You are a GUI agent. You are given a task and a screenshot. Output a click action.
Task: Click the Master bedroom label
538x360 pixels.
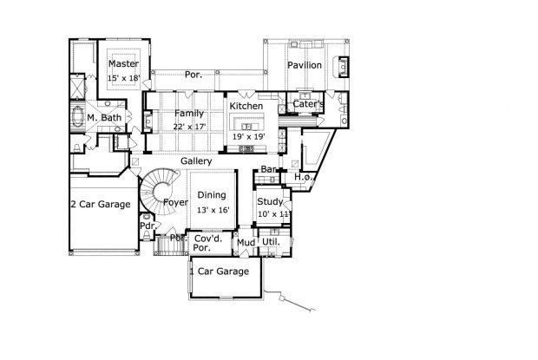coord(123,64)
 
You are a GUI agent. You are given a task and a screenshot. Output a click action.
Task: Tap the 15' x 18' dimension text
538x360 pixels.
coord(123,79)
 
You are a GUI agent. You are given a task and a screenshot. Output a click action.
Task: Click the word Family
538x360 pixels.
coord(189,114)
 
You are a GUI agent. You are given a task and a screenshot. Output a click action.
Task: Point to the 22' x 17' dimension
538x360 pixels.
coord(189,128)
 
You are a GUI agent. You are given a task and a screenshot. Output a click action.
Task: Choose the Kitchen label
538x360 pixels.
coord(246,107)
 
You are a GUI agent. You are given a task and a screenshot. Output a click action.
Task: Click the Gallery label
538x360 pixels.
coord(198,162)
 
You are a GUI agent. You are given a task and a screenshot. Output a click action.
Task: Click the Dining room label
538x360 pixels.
coord(212,195)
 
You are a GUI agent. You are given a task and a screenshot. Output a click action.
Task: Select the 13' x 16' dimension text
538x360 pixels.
coord(212,210)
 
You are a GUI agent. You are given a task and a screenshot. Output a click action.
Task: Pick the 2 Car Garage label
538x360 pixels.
coord(101,205)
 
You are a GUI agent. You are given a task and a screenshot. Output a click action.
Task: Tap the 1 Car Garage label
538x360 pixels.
coord(220,272)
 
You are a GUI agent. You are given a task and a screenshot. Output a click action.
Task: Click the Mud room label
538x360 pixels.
coord(246,242)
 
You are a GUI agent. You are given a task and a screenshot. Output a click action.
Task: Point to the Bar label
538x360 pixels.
coord(268,169)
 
